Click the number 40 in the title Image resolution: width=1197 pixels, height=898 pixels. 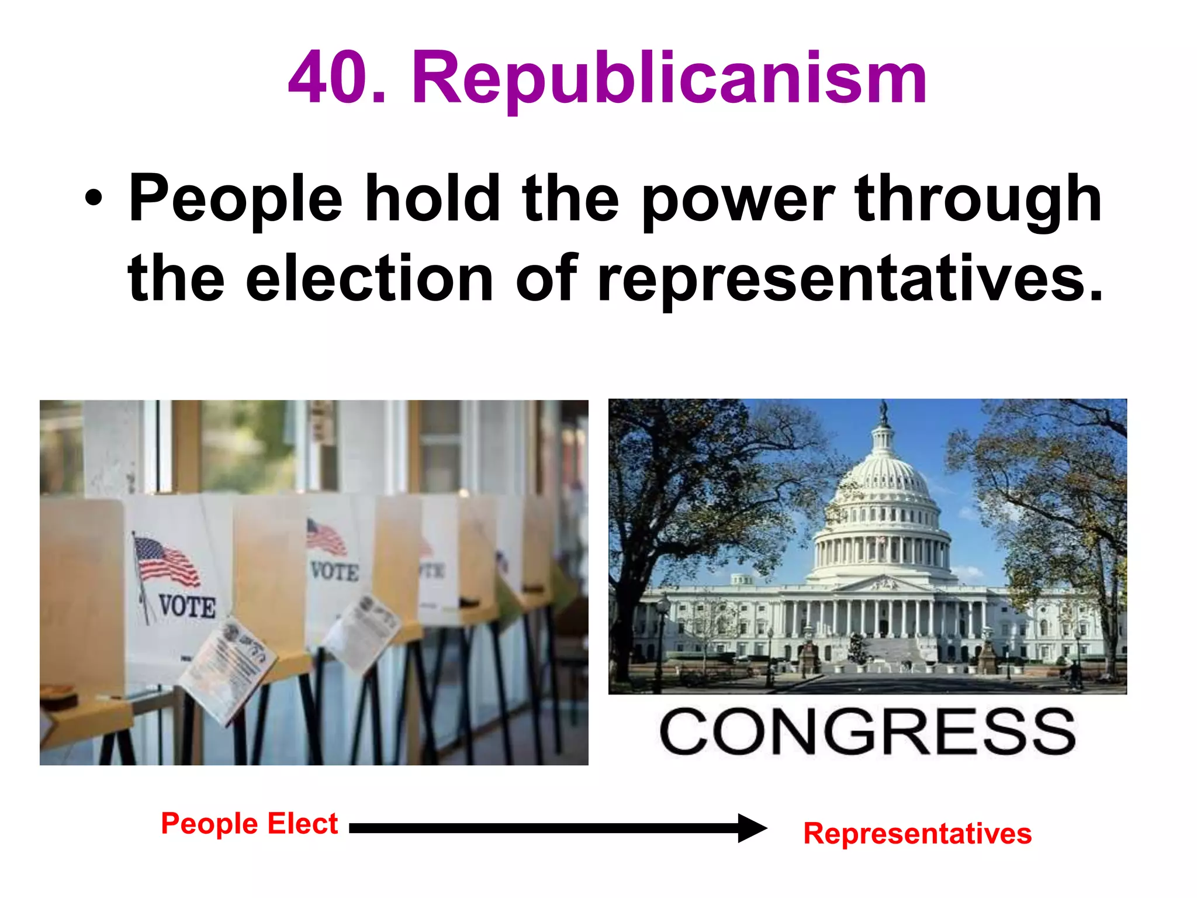pyautogui.click(x=328, y=77)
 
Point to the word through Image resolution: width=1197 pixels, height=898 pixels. pyautogui.click(x=977, y=200)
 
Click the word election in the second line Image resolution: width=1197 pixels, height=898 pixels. pyautogui.click(x=369, y=279)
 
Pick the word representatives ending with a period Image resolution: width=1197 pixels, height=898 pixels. pyautogui.click(x=850, y=279)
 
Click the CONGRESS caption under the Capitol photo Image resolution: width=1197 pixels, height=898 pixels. pyautogui.click(x=867, y=732)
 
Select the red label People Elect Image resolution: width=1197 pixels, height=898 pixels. pyautogui.click(x=249, y=823)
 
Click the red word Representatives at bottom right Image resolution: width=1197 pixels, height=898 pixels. pyautogui.click(x=917, y=833)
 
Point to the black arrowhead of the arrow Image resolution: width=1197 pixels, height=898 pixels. pyautogui.click(x=752, y=828)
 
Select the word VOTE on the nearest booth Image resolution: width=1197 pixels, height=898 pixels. pyautogui.click(x=187, y=606)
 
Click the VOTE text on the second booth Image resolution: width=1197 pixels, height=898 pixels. pyautogui.click(x=334, y=571)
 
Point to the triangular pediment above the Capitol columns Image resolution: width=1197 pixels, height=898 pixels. pyautogui.click(x=884, y=583)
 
